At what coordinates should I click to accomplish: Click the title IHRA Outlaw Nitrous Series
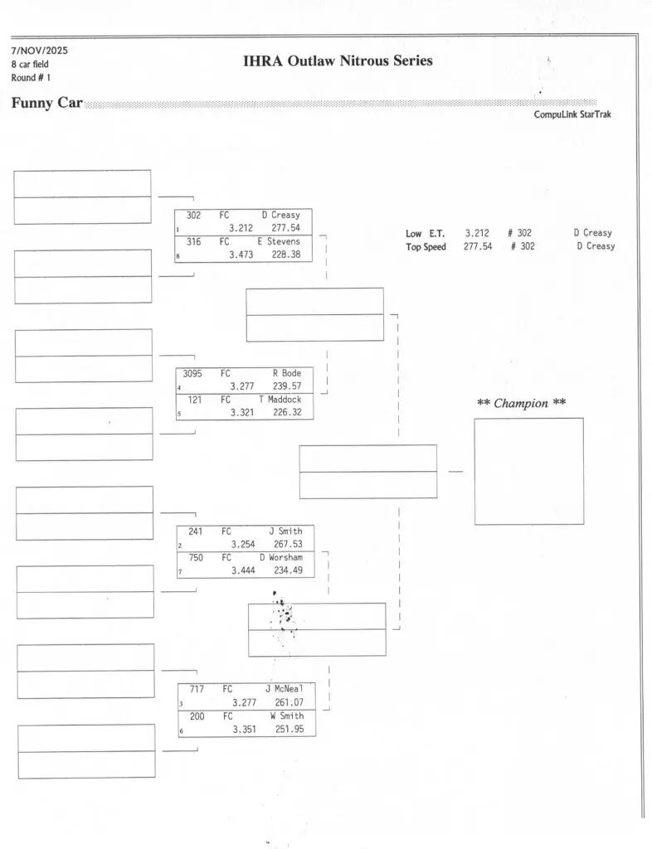click(x=338, y=61)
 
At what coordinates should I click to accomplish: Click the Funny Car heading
click(x=46, y=104)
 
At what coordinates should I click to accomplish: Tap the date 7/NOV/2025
click(x=40, y=51)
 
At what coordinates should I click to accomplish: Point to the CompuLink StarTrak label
click(x=572, y=114)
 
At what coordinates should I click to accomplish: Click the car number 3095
click(x=192, y=373)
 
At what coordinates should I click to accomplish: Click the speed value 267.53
click(x=288, y=544)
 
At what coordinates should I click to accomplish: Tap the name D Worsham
click(x=280, y=558)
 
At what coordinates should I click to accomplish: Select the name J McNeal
click(x=285, y=688)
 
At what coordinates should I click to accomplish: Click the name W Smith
click(x=286, y=716)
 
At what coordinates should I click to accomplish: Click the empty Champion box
click(x=528, y=471)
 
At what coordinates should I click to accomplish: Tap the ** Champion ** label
click(x=522, y=404)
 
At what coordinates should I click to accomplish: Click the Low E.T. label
click(x=425, y=234)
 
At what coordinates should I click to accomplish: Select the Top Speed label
click(x=426, y=247)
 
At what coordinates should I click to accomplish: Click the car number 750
click(x=196, y=558)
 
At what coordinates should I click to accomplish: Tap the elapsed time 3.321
click(x=244, y=413)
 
